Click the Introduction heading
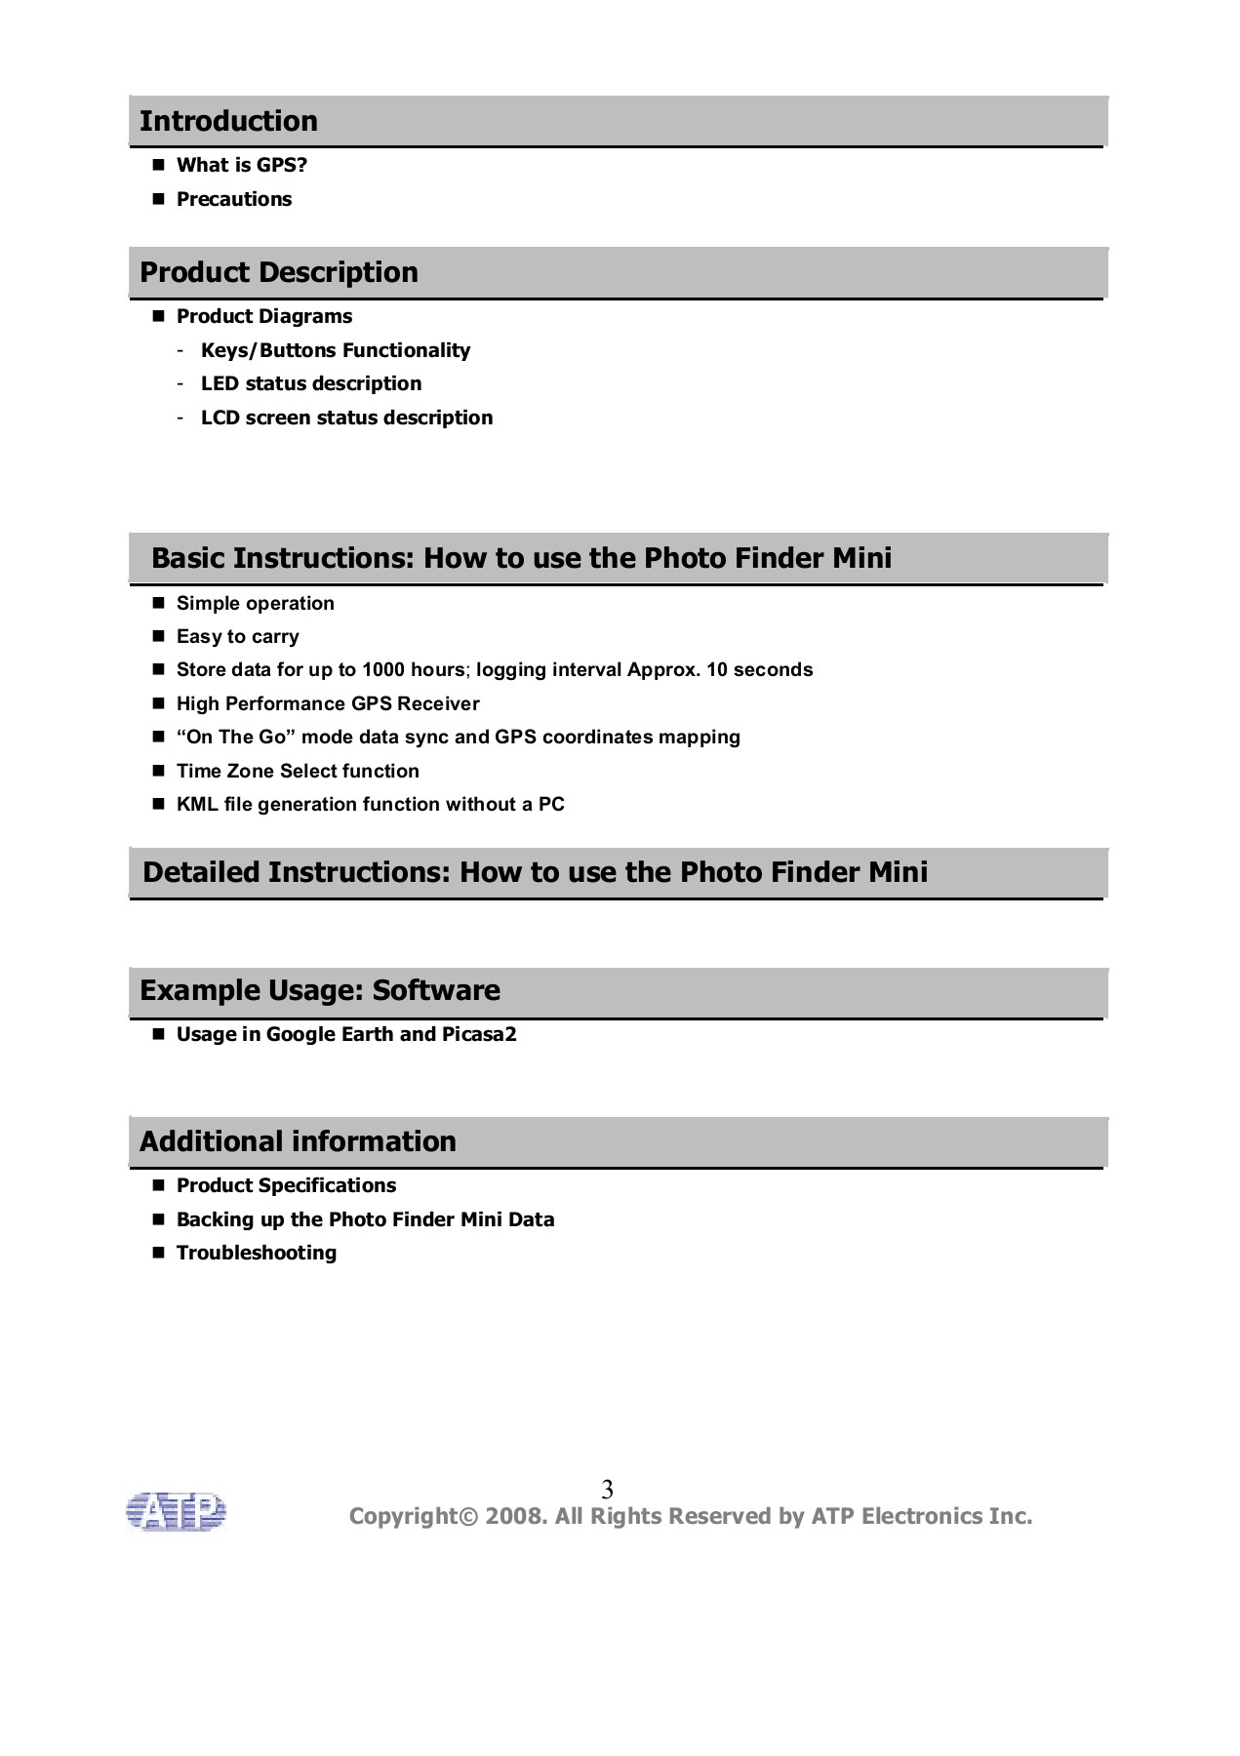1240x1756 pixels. (x=228, y=121)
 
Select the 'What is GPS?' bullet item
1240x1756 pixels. (x=241, y=165)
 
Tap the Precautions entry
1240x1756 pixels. (x=233, y=199)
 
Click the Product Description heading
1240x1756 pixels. (x=278, y=272)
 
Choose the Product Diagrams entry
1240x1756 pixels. (x=263, y=316)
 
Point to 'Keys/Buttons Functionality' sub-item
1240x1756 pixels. (x=335, y=350)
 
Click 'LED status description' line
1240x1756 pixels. (x=310, y=383)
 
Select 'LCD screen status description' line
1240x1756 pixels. (x=346, y=418)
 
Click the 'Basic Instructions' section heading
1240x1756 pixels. (x=521, y=558)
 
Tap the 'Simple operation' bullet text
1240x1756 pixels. (x=255, y=603)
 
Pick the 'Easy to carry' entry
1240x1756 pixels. (x=237, y=636)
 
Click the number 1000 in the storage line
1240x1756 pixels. (x=383, y=669)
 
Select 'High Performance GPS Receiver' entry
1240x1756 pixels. (x=327, y=703)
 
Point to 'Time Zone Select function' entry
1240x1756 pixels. (x=298, y=771)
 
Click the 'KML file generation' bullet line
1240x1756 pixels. (x=370, y=804)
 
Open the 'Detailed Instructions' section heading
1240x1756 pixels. (x=535, y=872)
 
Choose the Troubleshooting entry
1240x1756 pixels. (x=256, y=1253)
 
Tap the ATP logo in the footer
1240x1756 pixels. (x=176, y=1511)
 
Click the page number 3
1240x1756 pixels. (x=607, y=1490)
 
